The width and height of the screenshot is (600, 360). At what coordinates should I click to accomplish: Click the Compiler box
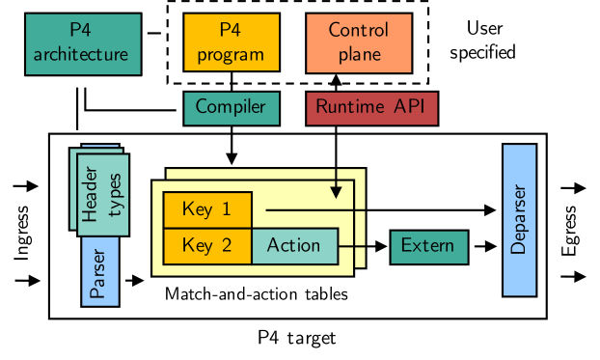pyautogui.click(x=231, y=108)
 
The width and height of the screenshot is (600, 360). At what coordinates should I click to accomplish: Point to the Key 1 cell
pyautogui.click(x=206, y=209)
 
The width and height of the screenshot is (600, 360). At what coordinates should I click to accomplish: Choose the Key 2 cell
pyautogui.click(x=206, y=245)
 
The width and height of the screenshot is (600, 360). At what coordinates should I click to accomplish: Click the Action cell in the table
pyautogui.click(x=294, y=245)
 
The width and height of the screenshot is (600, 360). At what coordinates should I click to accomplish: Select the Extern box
pyautogui.click(x=427, y=246)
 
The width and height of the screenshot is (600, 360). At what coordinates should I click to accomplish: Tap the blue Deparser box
pyautogui.click(x=519, y=219)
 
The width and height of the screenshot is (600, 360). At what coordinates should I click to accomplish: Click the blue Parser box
pyautogui.click(x=97, y=279)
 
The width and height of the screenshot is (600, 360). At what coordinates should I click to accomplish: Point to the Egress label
pyautogui.click(x=571, y=232)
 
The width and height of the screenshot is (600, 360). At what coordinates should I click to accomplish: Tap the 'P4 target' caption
pyautogui.click(x=297, y=338)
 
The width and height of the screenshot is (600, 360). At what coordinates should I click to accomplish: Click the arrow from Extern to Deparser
pyautogui.click(x=482, y=246)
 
